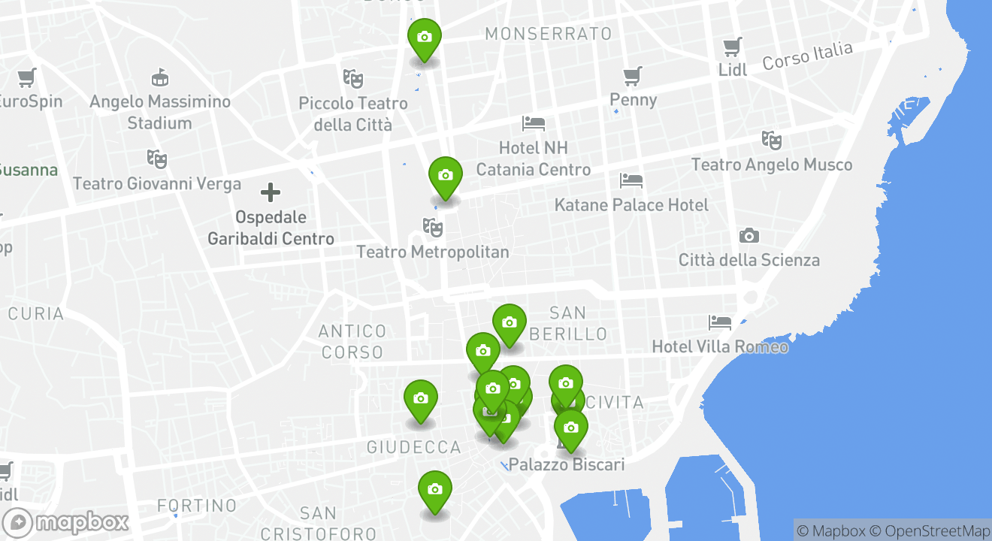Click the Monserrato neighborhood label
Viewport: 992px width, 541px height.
548,34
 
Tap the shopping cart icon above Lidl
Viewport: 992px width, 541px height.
733,47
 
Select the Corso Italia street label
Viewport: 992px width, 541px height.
808,56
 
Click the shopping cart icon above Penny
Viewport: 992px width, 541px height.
633,76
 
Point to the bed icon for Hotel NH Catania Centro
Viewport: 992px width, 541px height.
534,123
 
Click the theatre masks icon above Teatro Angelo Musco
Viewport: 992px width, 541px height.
772,141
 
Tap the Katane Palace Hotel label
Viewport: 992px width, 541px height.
631,205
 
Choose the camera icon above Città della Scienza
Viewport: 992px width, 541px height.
749,236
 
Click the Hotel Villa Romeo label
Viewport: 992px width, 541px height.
720,346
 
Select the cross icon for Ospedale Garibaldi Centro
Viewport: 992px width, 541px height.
271,192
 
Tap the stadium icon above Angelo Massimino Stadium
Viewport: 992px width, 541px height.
159,77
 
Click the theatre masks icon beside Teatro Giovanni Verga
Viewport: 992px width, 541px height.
156,159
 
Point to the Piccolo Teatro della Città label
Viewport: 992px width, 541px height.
353,113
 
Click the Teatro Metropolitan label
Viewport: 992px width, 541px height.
433,252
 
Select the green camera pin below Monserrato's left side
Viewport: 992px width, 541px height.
424,37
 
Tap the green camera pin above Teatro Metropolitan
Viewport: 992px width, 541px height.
445,176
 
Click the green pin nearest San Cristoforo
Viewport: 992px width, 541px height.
434,490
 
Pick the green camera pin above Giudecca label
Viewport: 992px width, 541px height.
420,399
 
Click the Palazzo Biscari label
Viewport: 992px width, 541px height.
567,464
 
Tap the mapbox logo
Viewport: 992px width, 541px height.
66,522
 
